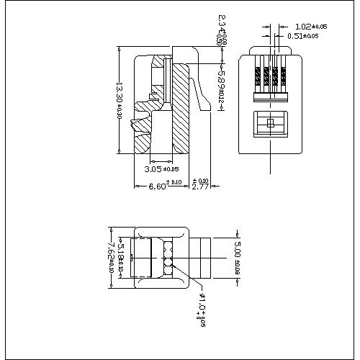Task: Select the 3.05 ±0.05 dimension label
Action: [161, 169]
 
